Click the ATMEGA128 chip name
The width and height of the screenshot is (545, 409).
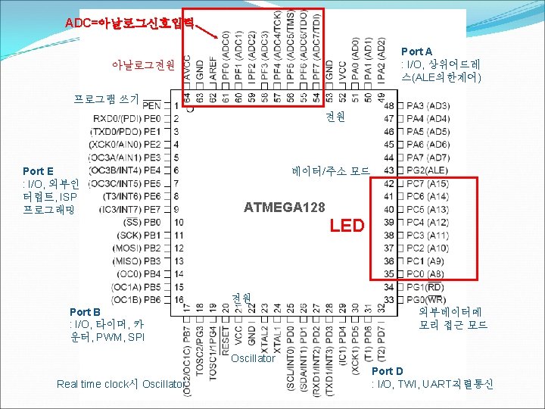(284, 208)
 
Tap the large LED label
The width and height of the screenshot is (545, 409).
(348, 226)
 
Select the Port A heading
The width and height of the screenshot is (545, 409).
(416, 52)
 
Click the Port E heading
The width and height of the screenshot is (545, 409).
(38, 171)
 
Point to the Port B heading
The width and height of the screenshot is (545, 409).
(85, 312)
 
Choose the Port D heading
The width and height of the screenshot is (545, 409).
(388, 371)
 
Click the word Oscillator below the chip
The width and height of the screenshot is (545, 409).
(253, 358)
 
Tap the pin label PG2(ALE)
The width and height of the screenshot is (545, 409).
(427, 170)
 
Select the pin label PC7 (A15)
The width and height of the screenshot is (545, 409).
(427, 183)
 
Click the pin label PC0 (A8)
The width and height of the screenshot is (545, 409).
(425, 274)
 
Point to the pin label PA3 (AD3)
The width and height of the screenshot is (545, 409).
(427, 105)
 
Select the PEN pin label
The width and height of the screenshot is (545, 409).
(151, 105)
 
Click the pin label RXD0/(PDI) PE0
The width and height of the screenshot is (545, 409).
(127, 118)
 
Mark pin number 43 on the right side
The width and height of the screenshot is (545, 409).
(389, 170)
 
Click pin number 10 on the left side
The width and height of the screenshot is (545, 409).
(178, 222)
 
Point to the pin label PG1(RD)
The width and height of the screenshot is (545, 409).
(425, 287)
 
